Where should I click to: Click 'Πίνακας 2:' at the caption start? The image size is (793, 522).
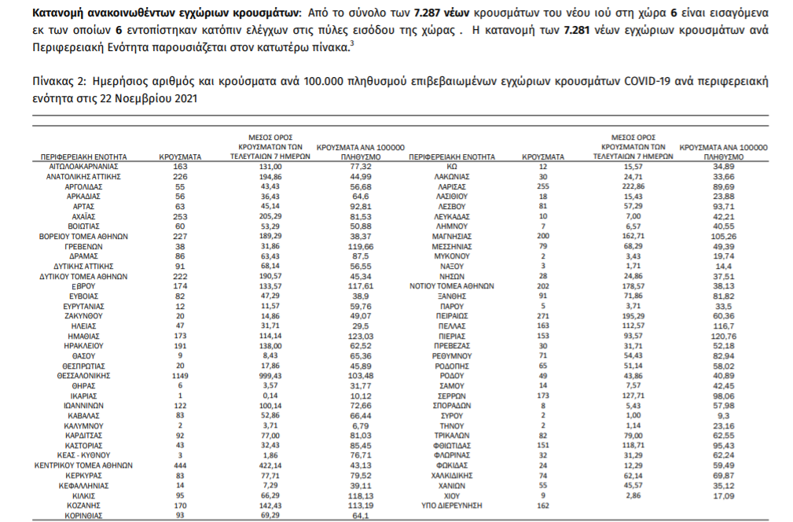[59, 82]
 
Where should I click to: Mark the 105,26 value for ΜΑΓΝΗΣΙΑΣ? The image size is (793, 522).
[724, 235]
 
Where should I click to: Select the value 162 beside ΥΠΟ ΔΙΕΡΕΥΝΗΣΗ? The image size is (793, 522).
[544, 505]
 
